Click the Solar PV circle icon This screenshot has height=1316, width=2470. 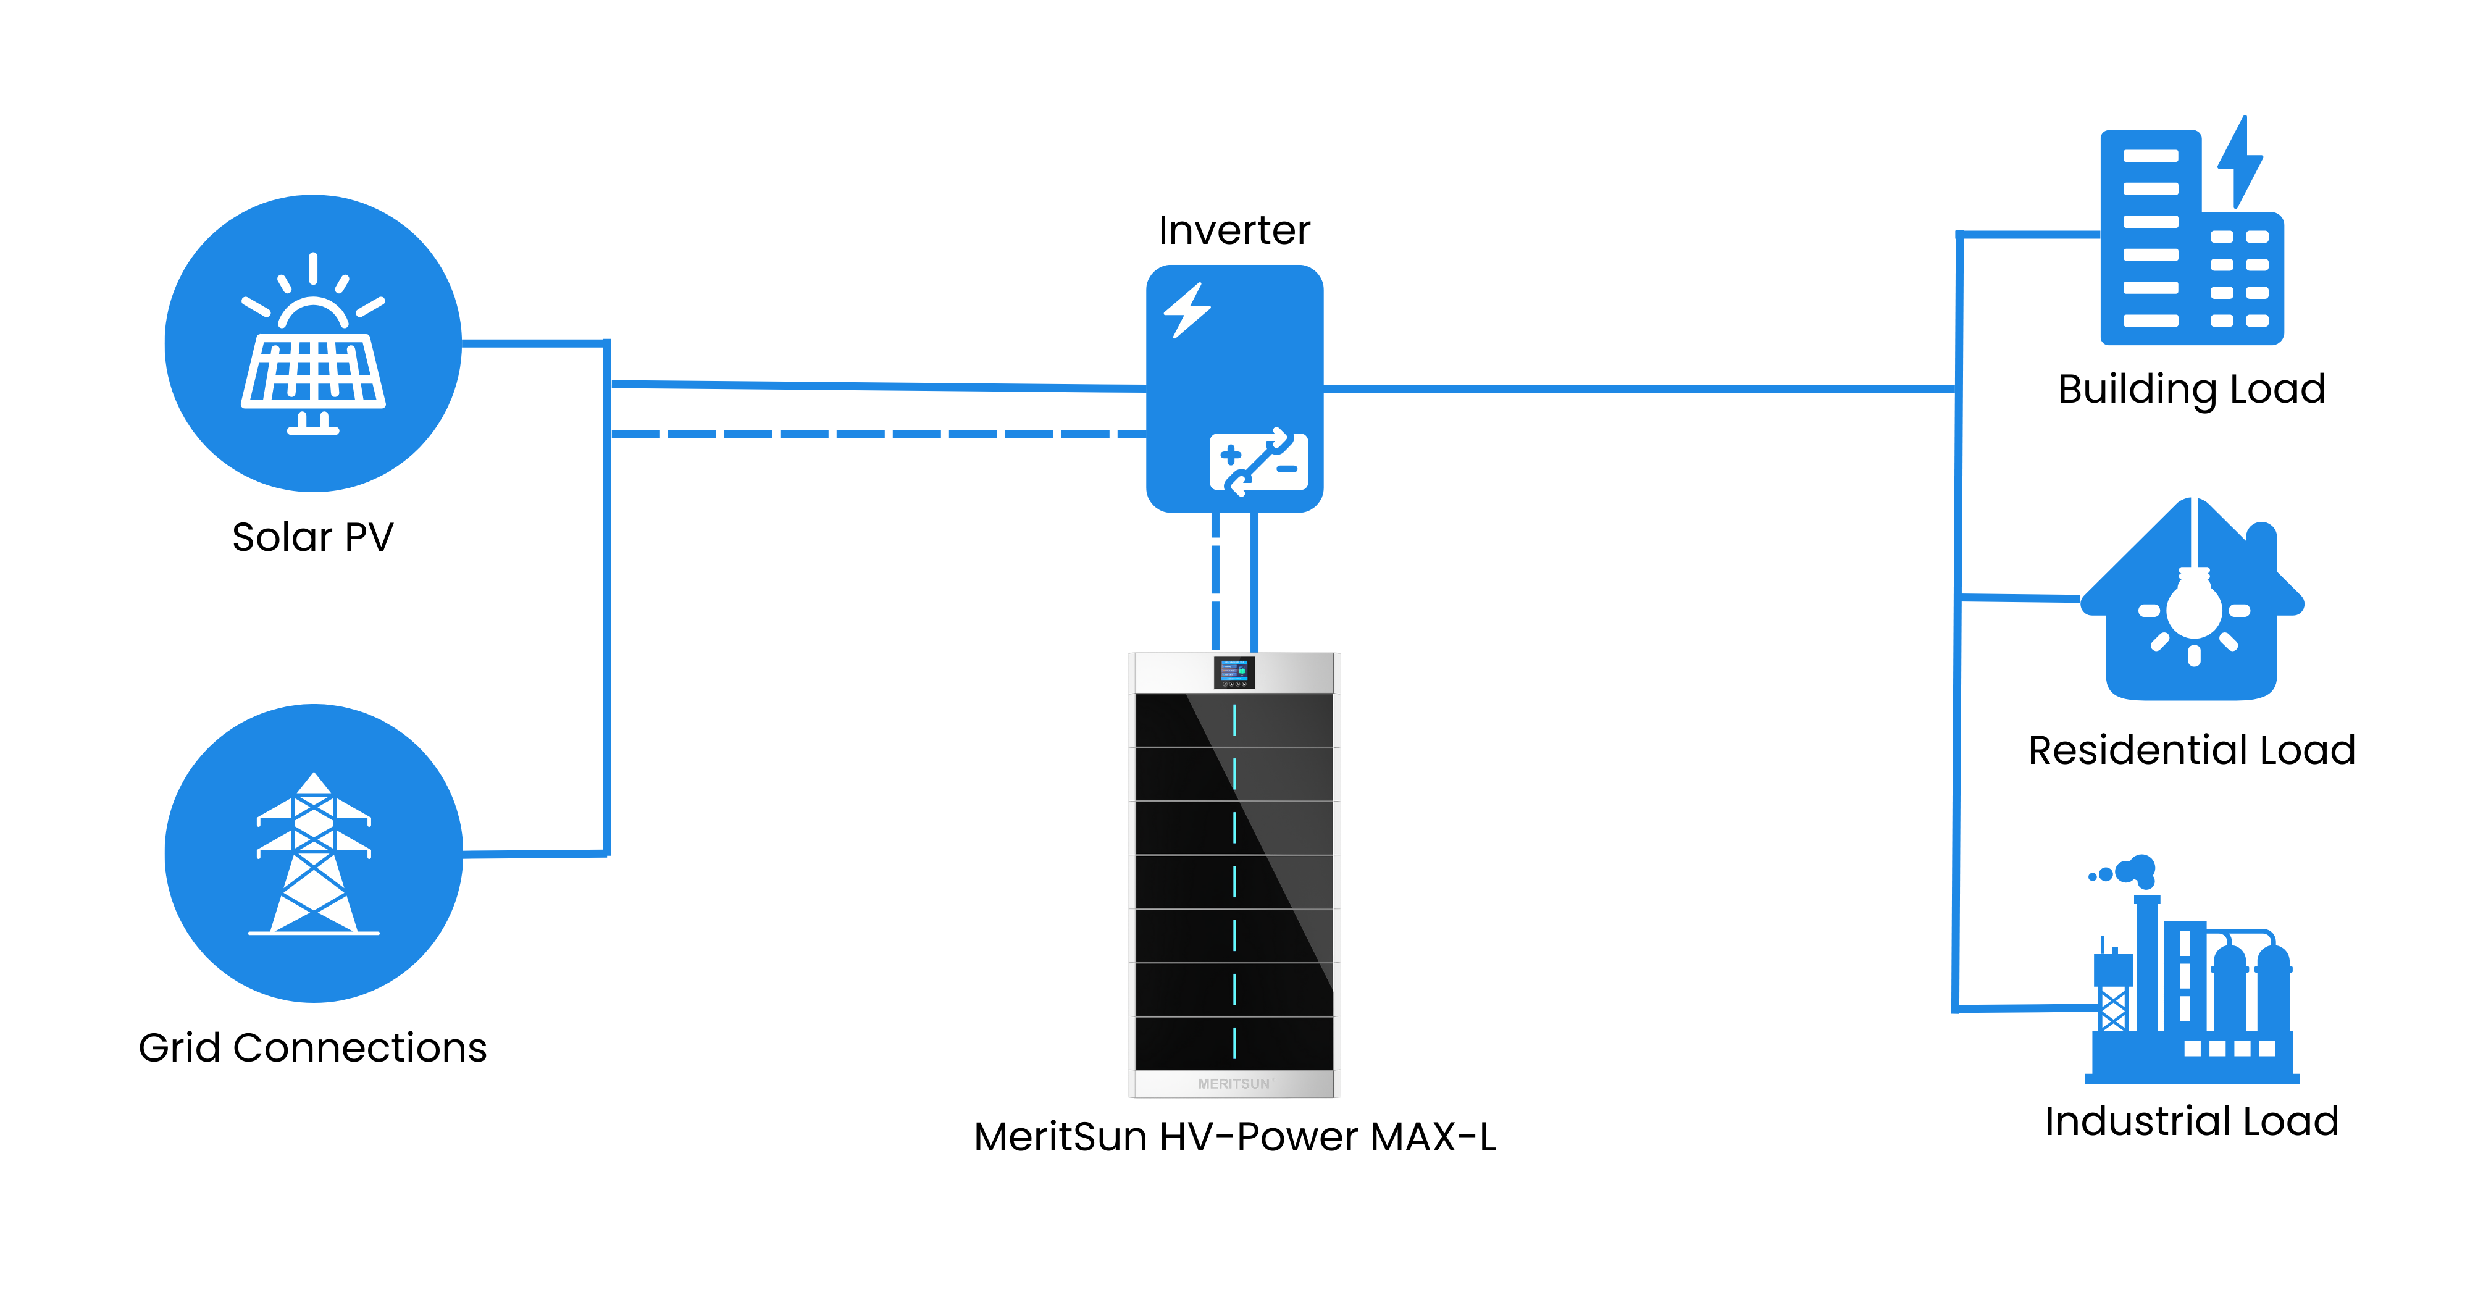[x=312, y=343]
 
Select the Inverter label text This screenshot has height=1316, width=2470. [x=1234, y=230]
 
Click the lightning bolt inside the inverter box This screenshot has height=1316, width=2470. [x=1187, y=310]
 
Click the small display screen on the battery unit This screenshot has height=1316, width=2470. [x=1234, y=671]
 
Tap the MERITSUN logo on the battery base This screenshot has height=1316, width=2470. [x=1234, y=1084]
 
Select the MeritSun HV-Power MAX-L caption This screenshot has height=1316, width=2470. [x=1234, y=1137]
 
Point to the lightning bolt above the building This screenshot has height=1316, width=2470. [x=2242, y=163]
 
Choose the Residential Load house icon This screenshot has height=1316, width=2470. [x=2192, y=605]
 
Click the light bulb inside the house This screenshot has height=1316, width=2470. [x=2194, y=605]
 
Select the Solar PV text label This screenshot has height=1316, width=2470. [x=312, y=537]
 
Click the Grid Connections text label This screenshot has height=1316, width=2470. [x=312, y=1047]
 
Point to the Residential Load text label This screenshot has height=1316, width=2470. [x=2192, y=750]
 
